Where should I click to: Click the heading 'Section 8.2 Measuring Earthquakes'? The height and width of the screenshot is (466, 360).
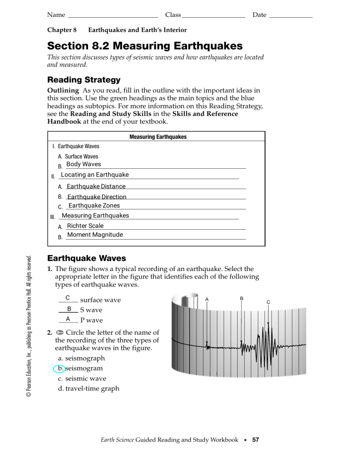point(145,46)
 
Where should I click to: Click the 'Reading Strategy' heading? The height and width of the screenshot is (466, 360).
point(84,80)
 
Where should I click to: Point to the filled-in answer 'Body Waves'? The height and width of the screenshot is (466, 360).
point(83,165)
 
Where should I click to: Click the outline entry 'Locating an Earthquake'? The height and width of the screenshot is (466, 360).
point(95,175)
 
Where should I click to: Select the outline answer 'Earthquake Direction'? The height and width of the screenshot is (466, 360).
point(97,197)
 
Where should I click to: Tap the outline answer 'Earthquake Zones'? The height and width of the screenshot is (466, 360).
point(94,206)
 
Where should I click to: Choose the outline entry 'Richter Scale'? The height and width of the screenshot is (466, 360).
point(85,226)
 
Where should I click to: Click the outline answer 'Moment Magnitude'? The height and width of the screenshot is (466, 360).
point(95,235)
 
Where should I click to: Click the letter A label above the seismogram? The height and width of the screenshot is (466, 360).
point(207,299)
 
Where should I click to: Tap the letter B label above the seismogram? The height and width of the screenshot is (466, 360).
point(241,298)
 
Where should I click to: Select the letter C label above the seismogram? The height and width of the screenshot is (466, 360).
point(268,302)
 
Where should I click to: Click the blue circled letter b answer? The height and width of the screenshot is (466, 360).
point(59,368)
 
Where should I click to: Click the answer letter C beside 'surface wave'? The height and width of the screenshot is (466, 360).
point(68,298)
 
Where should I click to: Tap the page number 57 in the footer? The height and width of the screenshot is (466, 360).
point(255,440)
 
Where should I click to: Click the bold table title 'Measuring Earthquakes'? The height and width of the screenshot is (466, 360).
point(157,137)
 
